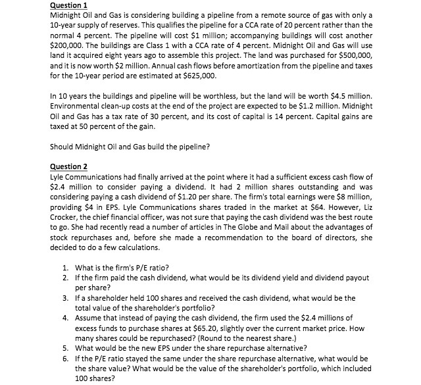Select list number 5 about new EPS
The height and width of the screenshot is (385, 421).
(x=65, y=348)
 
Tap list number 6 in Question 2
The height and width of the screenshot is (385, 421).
(x=65, y=359)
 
